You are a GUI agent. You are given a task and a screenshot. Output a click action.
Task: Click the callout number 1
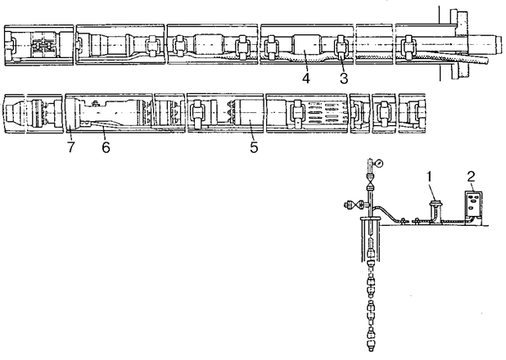(429, 176)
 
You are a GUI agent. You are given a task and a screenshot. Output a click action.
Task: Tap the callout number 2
(471, 176)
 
